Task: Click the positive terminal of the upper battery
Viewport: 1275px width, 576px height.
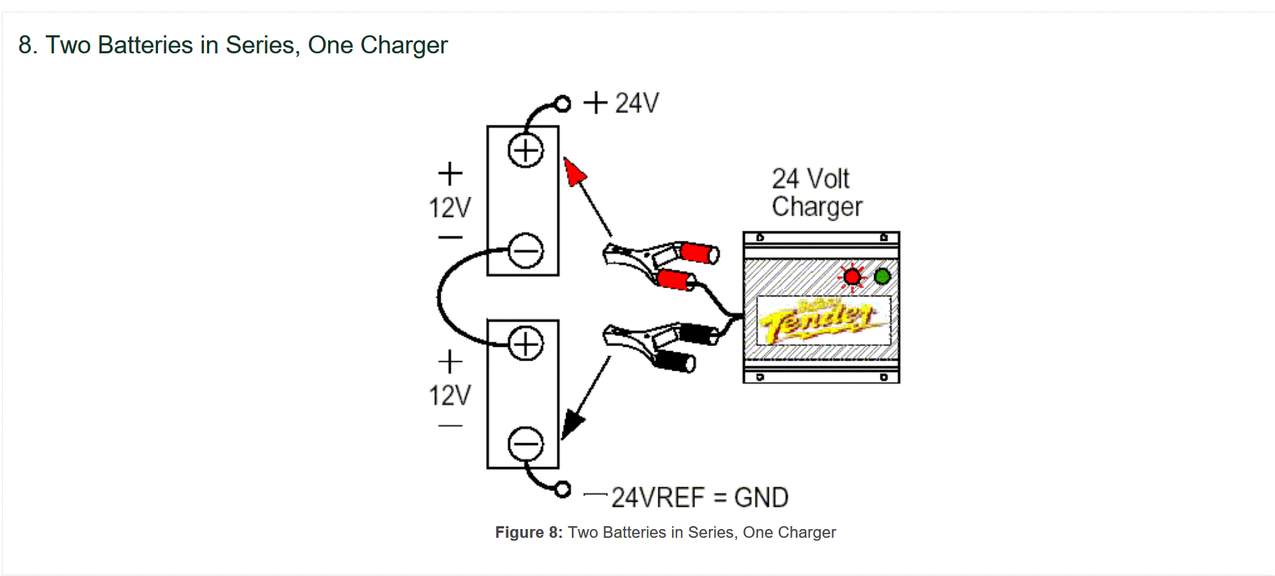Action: tap(526, 151)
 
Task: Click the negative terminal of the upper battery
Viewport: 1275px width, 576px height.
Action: tap(526, 252)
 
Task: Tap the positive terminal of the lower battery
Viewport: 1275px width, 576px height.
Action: tap(526, 344)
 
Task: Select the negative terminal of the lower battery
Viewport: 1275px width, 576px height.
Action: tap(526, 444)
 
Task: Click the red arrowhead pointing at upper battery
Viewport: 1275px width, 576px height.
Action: tap(574, 173)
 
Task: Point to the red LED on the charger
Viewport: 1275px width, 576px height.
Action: tap(852, 277)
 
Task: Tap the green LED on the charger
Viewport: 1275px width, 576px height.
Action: tap(882, 276)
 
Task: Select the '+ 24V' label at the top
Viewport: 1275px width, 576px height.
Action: tap(621, 103)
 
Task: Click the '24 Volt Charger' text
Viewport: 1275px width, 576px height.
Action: tap(816, 192)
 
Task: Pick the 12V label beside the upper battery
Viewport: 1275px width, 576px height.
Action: tap(450, 208)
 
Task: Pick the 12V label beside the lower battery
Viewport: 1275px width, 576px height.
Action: tap(450, 395)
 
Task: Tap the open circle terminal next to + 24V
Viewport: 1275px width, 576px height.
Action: tap(563, 104)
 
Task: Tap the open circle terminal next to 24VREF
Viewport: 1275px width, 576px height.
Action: tap(563, 489)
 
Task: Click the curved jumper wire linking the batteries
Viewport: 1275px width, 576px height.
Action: tap(440, 297)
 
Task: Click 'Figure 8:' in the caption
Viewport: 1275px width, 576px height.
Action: tap(529, 533)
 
